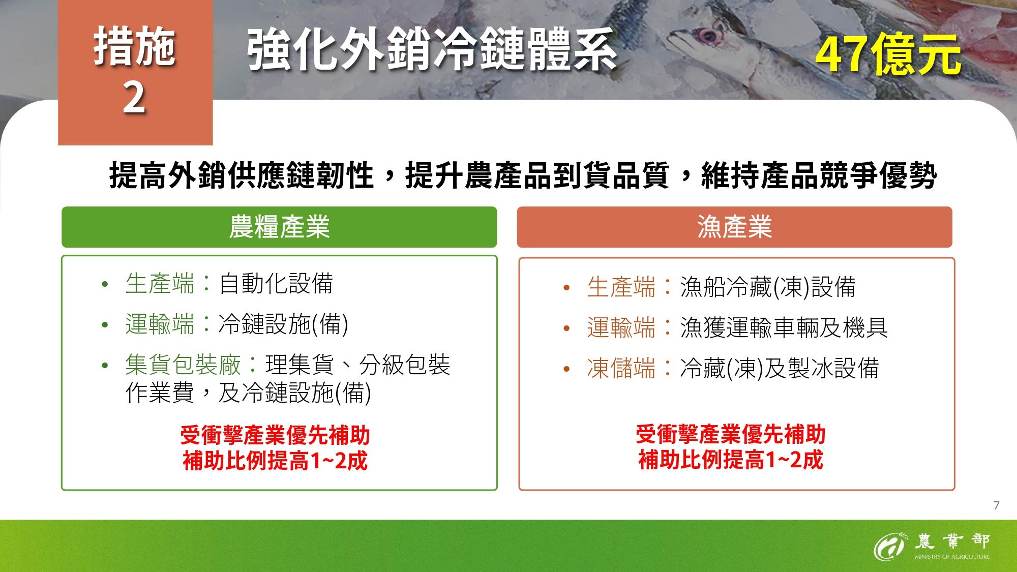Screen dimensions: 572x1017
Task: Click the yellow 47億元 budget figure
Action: pos(887,55)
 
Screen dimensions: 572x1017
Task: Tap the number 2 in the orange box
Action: pos(134,98)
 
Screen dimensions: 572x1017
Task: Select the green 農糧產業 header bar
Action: pos(279,227)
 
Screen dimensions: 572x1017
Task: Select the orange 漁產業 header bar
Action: pos(734,227)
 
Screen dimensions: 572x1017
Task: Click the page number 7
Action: pos(996,505)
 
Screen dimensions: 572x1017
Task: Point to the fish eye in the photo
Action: pos(707,36)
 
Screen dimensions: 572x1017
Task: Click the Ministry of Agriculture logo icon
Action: pos(889,546)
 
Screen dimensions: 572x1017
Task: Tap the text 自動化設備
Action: pos(276,284)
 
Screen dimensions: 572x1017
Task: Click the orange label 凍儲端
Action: pos(621,368)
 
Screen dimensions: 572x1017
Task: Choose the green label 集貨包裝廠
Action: pos(183,365)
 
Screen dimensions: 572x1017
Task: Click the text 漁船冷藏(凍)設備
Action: pos(768,287)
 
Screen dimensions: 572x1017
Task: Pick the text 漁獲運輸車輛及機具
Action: pos(784,327)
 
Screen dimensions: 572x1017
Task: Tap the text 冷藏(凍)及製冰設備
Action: pos(779,368)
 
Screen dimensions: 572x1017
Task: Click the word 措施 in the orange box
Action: pos(135,47)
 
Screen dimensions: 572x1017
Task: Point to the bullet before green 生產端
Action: pos(105,284)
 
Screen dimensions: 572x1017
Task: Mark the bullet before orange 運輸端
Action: pos(566,328)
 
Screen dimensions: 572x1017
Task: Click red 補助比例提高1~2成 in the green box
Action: pos(275,461)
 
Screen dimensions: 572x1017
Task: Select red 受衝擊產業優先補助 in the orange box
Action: pos(730,434)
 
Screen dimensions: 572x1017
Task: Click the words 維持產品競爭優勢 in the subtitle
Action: pos(819,176)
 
